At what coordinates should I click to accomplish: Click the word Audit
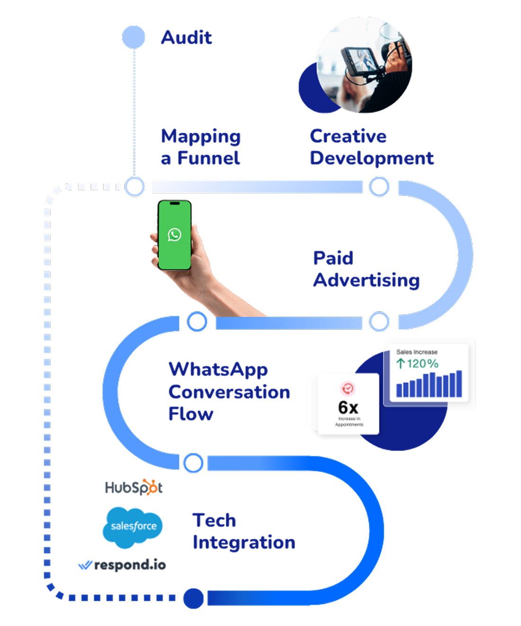click(187, 37)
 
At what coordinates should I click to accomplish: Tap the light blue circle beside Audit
click(134, 37)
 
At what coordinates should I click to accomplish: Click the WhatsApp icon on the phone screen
click(174, 234)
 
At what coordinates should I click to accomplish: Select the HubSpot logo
click(134, 487)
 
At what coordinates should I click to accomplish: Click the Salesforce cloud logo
click(133, 526)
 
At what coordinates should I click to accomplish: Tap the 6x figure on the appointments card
click(348, 407)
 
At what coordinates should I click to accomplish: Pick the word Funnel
click(208, 158)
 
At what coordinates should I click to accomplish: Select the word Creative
click(348, 136)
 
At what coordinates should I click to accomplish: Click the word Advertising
click(366, 280)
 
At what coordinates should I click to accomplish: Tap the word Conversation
click(229, 392)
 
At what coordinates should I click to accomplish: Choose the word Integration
click(244, 543)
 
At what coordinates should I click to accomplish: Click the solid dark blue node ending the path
click(193, 598)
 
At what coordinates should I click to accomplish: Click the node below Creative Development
click(379, 187)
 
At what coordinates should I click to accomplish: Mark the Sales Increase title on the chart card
click(417, 352)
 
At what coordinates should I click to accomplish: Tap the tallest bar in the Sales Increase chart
click(459, 383)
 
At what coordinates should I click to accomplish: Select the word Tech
click(214, 520)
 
